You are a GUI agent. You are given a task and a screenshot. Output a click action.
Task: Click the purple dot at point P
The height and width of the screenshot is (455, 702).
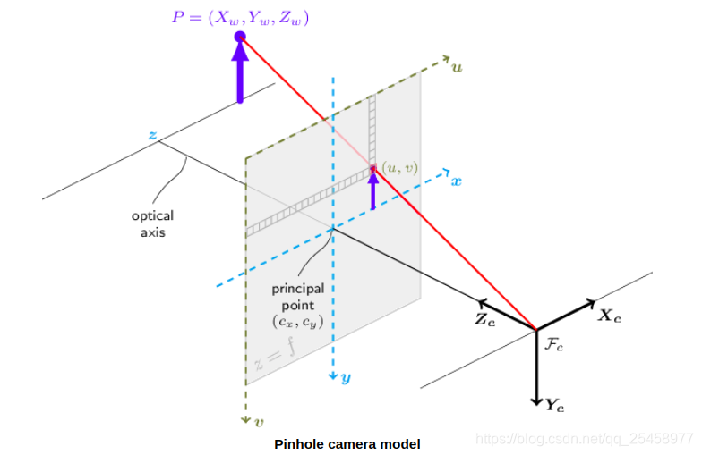click(x=240, y=37)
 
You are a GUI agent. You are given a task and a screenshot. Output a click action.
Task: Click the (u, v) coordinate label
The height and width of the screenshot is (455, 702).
click(x=399, y=167)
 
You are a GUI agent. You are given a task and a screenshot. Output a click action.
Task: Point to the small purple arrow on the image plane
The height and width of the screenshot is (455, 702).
click(x=373, y=190)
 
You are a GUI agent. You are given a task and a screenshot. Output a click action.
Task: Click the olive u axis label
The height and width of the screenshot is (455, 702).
click(x=457, y=66)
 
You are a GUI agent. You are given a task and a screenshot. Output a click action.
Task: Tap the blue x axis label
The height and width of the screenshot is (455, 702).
click(x=457, y=181)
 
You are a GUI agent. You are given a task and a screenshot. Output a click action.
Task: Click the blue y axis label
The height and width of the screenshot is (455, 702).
click(x=346, y=378)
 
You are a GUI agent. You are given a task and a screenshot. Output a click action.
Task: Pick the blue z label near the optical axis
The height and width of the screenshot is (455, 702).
click(x=153, y=136)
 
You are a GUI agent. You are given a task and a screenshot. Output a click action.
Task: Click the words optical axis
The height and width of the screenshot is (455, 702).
click(x=152, y=224)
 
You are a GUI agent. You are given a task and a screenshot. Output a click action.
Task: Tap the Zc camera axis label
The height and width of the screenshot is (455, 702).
click(x=484, y=319)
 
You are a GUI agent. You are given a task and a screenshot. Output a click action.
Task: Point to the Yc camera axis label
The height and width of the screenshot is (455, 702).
click(x=555, y=406)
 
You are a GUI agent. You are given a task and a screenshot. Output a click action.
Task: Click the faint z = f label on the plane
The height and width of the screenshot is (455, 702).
click(x=276, y=352)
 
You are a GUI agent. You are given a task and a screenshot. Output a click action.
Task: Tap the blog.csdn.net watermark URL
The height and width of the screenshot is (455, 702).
click(x=585, y=438)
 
